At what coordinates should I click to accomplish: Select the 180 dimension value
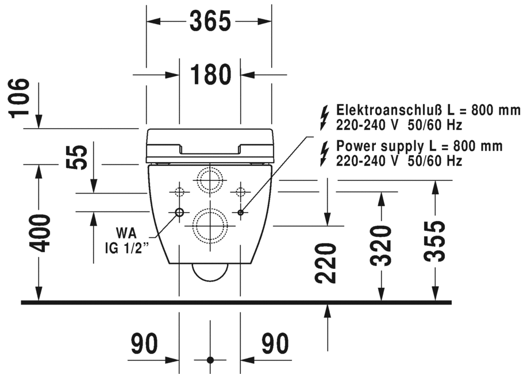[210, 74]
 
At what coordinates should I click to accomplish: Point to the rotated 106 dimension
[20, 98]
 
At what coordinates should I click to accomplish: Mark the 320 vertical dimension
[380, 245]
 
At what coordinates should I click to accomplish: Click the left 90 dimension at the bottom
[144, 344]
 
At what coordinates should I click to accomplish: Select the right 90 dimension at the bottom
[275, 344]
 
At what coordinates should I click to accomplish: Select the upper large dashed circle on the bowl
[209, 180]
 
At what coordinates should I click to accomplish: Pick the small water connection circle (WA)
[179, 213]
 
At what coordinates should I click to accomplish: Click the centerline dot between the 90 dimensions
[210, 360]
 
